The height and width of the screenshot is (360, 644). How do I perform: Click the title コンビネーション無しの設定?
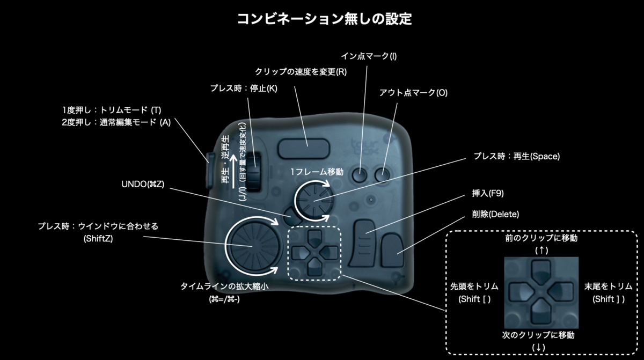coord(324,20)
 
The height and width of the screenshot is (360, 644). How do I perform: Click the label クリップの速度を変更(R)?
coord(300,71)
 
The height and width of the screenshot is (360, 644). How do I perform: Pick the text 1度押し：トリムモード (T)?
coord(111,110)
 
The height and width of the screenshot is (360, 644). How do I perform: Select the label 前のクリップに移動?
coord(540,238)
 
